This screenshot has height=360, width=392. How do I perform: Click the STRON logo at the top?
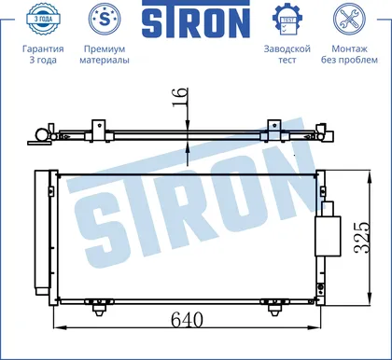pos(196,19)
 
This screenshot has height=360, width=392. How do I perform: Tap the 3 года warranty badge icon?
pos(43,19)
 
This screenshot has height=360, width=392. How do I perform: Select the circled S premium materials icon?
pos(105,19)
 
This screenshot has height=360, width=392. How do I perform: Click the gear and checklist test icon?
pos(287,20)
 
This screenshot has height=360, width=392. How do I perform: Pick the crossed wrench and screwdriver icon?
pos(349,19)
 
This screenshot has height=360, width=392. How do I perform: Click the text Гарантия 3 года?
pos(43,54)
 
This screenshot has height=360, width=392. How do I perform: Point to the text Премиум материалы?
pos(105,54)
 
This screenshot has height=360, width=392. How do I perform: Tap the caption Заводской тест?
pos(287,54)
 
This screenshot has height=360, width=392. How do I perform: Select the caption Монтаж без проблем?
pos(349,54)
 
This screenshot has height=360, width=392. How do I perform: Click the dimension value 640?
pos(187,319)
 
